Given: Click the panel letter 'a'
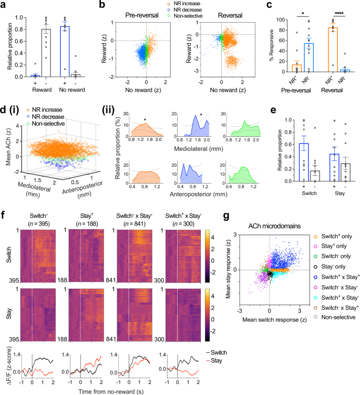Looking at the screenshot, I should coord(5,5).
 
